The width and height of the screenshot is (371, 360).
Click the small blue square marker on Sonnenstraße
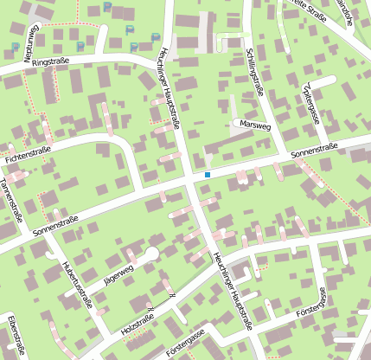(208, 176)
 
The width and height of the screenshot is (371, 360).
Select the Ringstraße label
(49, 63)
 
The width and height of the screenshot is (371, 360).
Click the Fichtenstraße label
(28, 155)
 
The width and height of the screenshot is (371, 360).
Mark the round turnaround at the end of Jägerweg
(151, 254)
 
